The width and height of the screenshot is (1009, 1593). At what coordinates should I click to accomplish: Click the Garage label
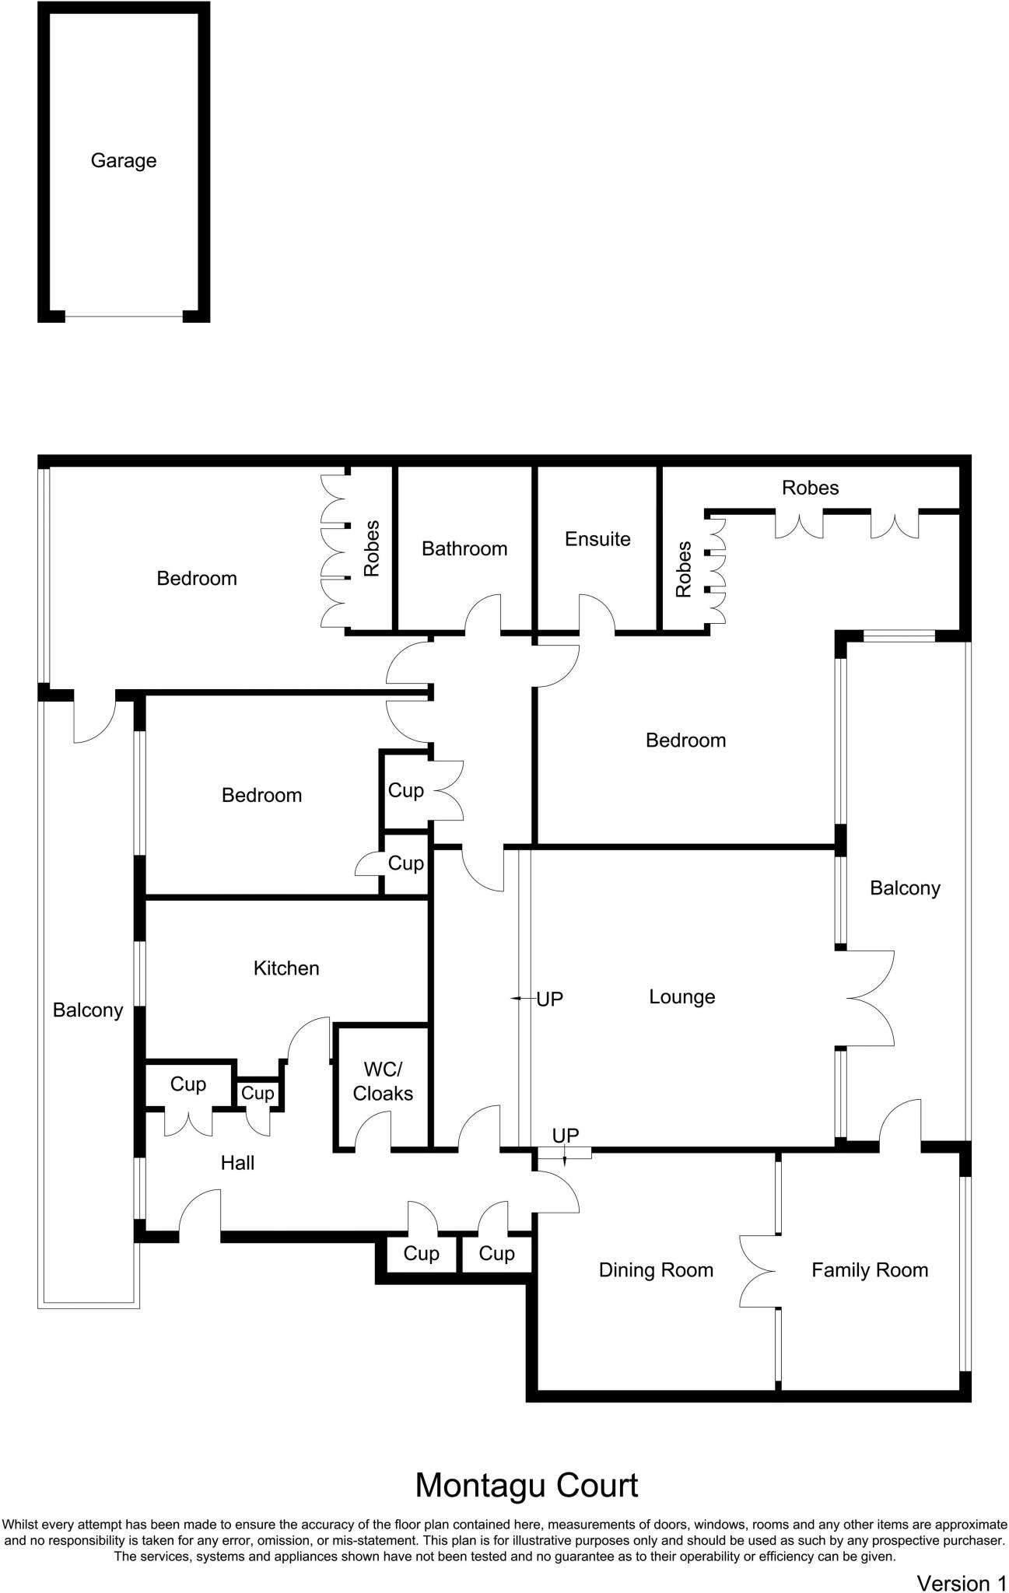[x=124, y=161]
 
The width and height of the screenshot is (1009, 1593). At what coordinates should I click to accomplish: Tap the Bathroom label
[x=464, y=549]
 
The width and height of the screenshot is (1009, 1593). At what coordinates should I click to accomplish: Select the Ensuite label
[x=597, y=539]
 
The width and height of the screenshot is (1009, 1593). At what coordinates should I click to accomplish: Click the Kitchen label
[x=286, y=968]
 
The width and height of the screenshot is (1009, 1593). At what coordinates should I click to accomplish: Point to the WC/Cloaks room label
[x=383, y=1082]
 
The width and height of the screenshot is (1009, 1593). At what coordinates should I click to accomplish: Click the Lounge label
[x=682, y=997]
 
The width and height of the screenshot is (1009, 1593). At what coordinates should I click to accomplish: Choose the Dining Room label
[x=656, y=1270]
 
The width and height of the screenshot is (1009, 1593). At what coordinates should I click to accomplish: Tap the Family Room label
[x=870, y=1270]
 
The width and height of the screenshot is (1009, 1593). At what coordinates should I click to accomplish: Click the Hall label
[x=237, y=1163]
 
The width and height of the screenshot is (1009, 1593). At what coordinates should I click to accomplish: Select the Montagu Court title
[x=527, y=1486]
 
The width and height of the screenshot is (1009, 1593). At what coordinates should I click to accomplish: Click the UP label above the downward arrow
[x=566, y=1136]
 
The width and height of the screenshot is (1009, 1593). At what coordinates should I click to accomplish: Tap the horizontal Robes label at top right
[x=811, y=488]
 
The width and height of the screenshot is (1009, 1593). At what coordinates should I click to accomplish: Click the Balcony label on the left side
[x=88, y=1010]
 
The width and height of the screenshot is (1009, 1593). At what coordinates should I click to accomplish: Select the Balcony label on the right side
[x=905, y=888]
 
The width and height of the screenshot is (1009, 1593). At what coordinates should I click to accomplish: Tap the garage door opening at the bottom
[x=124, y=316]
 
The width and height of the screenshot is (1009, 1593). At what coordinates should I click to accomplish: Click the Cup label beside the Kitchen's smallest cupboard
[x=258, y=1094]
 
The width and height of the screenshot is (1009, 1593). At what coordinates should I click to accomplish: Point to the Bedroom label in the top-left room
[x=197, y=579]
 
